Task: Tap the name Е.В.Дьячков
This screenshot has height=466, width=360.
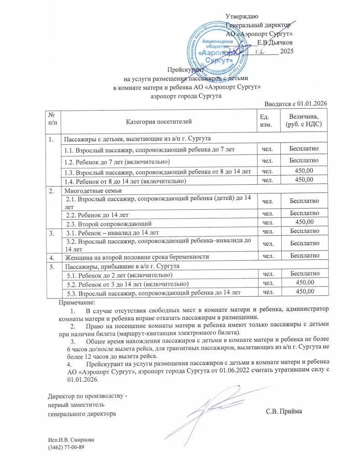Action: [275, 43]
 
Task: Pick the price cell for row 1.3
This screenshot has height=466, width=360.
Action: [304, 171]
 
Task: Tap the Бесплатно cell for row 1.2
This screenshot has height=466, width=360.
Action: [304, 160]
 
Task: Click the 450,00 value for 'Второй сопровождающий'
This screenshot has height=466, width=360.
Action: [304, 222]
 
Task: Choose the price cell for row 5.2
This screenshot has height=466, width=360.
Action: [304, 283]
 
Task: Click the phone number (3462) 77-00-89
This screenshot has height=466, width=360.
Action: [66, 448]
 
